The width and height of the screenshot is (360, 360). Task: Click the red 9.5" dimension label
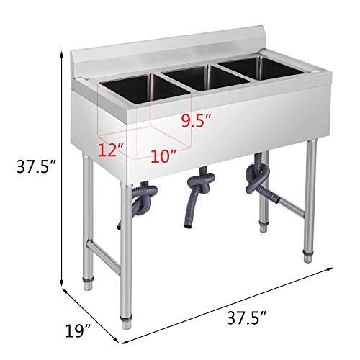pyautogui.click(x=198, y=121)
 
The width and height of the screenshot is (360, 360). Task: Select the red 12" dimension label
pyautogui.click(x=111, y=150)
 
